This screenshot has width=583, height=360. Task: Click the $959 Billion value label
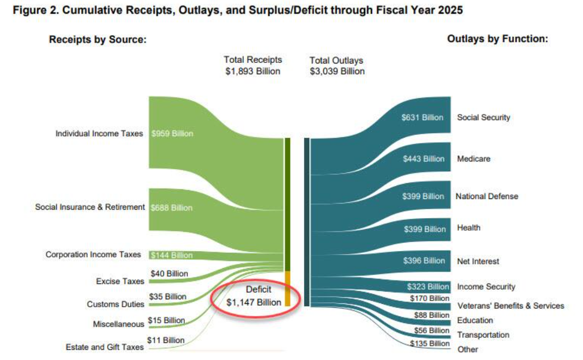(172, 134)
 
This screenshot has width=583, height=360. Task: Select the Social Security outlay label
(483, 117)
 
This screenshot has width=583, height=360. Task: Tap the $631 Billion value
(422, 117)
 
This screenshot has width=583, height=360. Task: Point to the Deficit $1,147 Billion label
(254, 296)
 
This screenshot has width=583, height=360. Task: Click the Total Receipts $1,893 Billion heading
(252, 65)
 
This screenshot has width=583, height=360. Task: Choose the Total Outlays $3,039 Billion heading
(337, 66)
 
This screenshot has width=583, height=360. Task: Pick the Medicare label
(474, 159)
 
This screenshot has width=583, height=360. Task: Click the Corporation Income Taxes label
(93, 255)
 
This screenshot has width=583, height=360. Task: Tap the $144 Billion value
(172, 255)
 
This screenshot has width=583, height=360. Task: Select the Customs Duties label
(115, 304)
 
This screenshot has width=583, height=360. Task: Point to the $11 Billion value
(166, 340)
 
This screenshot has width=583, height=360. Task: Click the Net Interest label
(478, 261)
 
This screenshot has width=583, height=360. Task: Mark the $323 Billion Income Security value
(428, 287)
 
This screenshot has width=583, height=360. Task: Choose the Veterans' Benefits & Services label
(510, 306)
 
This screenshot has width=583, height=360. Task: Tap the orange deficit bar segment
(288, 289)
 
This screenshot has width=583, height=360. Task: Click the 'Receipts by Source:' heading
(98, 40)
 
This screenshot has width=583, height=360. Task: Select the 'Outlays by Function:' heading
(497, 39)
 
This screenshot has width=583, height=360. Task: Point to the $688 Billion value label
(172, 208)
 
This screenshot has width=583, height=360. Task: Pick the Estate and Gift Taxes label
(104, 347)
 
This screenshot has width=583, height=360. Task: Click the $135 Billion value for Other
(429, 344)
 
